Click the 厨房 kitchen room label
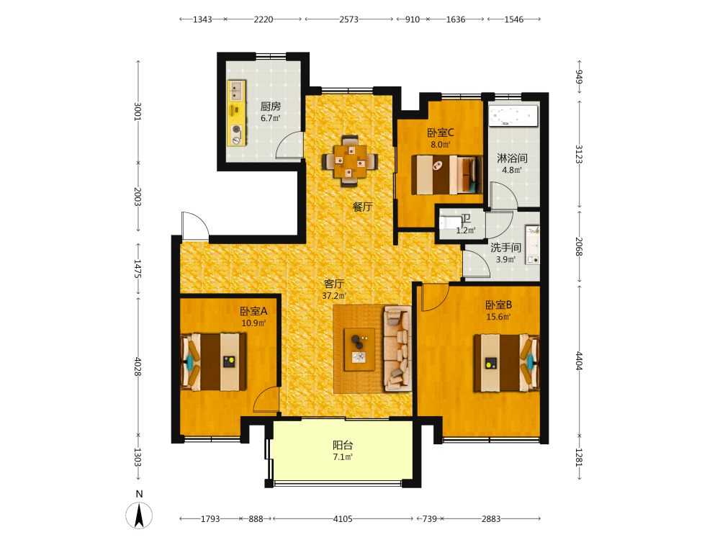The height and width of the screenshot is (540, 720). tap(271, 107)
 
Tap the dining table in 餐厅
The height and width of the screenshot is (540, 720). tap(350, 161)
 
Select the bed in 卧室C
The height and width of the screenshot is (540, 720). tap(447, 175)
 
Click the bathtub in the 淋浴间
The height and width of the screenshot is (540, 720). tap(513, 116)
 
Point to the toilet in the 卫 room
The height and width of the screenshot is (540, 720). tap(449, 223)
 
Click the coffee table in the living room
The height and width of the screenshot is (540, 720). tap(359, 349)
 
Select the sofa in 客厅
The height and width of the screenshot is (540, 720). tap(397, 348)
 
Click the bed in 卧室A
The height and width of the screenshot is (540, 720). tap(214, 362)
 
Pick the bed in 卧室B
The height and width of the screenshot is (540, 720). tap(506, 363)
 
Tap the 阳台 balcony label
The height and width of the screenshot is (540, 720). tap(343, 445)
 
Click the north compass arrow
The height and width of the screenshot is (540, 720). tap(139, 516)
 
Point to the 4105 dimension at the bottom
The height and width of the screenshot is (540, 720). tap(343, 519)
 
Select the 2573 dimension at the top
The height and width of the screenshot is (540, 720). tap(348, 19)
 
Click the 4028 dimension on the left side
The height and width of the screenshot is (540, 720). tap(138, 366)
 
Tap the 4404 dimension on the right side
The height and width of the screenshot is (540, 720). tap(579, 361)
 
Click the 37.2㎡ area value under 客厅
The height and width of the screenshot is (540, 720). tap(334, 296)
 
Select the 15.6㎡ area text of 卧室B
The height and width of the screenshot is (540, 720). tap(499, 317)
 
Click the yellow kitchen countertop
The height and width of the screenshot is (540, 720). tap(237, 113)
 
